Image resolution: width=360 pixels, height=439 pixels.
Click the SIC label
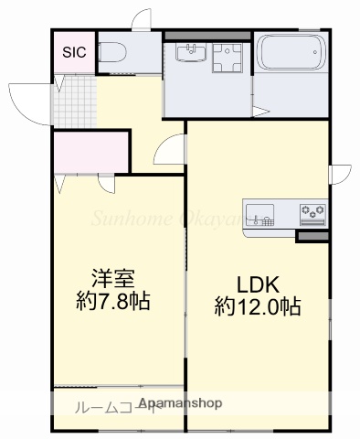[73, 52]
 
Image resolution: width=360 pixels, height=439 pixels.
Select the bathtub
[291, 53]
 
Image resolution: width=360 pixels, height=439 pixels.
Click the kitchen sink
[261, 216]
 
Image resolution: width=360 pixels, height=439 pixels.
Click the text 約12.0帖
[258, 305]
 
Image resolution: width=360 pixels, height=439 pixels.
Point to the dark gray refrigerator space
[311, 236]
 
